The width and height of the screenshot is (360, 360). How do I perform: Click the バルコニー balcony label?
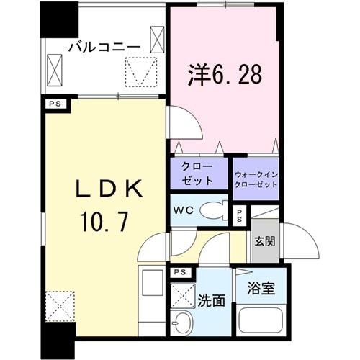(104, 47)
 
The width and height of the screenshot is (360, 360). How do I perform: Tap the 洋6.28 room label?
(222, 73)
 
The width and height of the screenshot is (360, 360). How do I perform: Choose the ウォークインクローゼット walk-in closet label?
(256, 179)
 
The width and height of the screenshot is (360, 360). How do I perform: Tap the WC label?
(181, 211)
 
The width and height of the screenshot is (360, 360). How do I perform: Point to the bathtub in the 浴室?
(261, 322)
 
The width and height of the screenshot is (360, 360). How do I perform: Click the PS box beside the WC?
(240, 216)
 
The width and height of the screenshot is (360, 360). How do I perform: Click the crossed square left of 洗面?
(179, 294)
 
